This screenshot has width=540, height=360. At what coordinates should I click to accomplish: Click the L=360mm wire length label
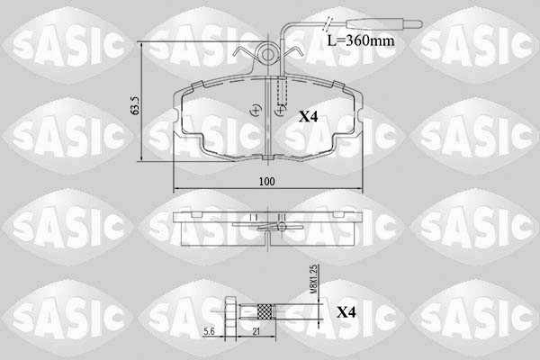click(361, 40)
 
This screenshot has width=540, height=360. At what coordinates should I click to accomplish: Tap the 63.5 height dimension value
click(135, 105)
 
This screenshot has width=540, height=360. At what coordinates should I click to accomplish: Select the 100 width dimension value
click(267, 181)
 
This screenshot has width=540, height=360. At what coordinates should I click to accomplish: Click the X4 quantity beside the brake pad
click(308, 117)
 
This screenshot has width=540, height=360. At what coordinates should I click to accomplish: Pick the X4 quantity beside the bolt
click(346, 312)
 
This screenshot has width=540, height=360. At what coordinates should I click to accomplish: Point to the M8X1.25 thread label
click(314, 279)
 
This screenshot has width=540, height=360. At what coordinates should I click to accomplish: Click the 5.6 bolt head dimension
click(209, 331)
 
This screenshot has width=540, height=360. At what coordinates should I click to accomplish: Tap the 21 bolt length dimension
click(256, 331)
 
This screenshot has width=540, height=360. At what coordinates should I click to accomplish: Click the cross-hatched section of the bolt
click(265, 311)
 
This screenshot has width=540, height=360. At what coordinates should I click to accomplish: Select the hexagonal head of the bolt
click(230, 311)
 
